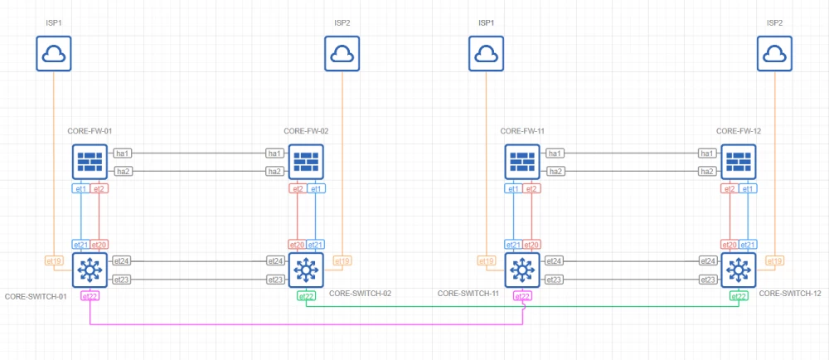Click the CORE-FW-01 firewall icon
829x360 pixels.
click(x=90, y=162)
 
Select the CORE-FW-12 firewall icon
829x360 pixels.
click(x=738, y=162)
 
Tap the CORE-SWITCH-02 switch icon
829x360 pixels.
click(x=306, y=270)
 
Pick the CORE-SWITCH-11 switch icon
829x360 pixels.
click(x=522, y=270)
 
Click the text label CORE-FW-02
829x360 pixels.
click(x=306, y=131)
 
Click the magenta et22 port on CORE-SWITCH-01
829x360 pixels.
click(x=90, y=296)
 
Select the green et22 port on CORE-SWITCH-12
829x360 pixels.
click(x=738, y=296)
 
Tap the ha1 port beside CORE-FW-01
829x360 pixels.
click(x=124, y=153)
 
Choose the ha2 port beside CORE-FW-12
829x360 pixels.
click(x=706, y=171)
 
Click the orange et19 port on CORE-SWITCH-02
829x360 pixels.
click(x=341, y=261)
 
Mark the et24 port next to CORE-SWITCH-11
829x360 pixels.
click(x=555, y=260)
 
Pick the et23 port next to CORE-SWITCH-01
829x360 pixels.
click(x=122, y=279)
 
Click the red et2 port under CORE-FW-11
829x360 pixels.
click(x=531, y=189)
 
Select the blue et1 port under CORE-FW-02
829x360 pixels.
click(x=315, y=189)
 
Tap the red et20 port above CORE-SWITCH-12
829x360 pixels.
click(x=730, y=245)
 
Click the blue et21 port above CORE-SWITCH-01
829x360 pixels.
click(x=81, y=245)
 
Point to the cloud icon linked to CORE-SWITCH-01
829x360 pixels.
click(x=55, y=55)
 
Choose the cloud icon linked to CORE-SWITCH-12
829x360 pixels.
click(x=774, y=55)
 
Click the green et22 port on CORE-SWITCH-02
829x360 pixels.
click(x=306, y=296)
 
